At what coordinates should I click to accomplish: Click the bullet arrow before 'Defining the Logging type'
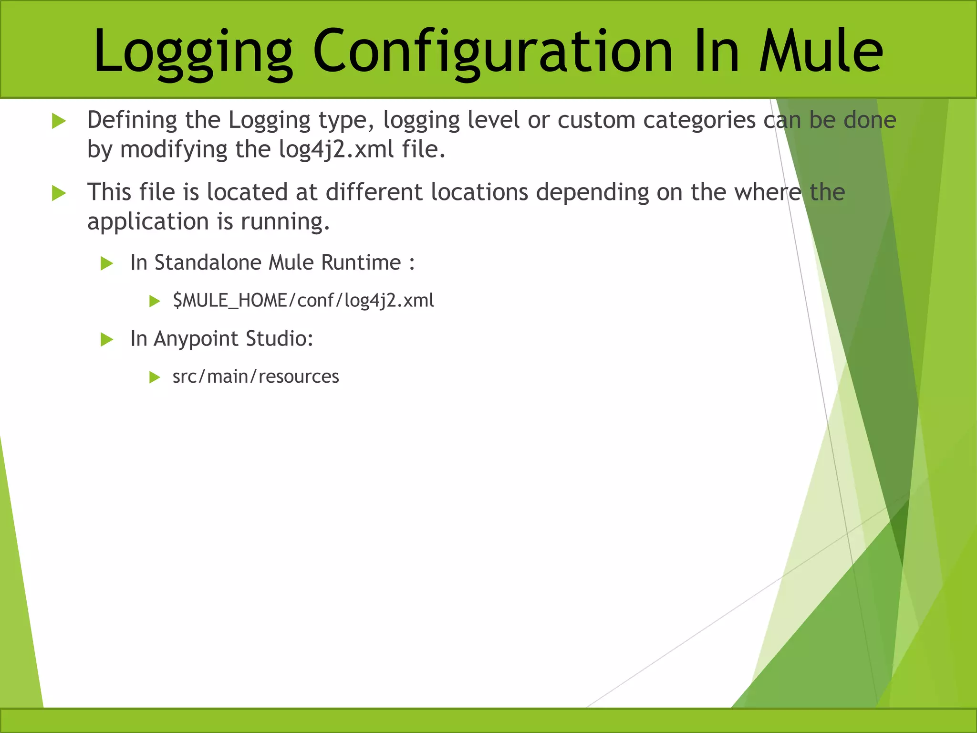[x=59, y=121]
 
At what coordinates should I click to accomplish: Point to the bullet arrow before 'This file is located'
[x=59, y=193]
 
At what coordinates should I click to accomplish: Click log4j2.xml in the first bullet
[x=337, y=149]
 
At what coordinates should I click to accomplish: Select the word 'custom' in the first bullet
[x=596, y=120]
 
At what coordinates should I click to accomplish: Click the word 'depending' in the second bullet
[x=592, y=193]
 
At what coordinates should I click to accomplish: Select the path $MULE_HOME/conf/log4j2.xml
[x=303, y=301]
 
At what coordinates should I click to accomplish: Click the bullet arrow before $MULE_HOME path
[x=154, y=301]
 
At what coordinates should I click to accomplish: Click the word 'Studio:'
[x=279, y=339]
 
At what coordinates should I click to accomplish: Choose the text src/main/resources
[x=256, y=377]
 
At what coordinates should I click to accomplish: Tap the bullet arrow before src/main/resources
[x=154, y=377]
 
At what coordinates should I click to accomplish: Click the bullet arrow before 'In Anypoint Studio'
[x=107, y=340]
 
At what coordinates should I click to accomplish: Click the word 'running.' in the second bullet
[x=285, y=222]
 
